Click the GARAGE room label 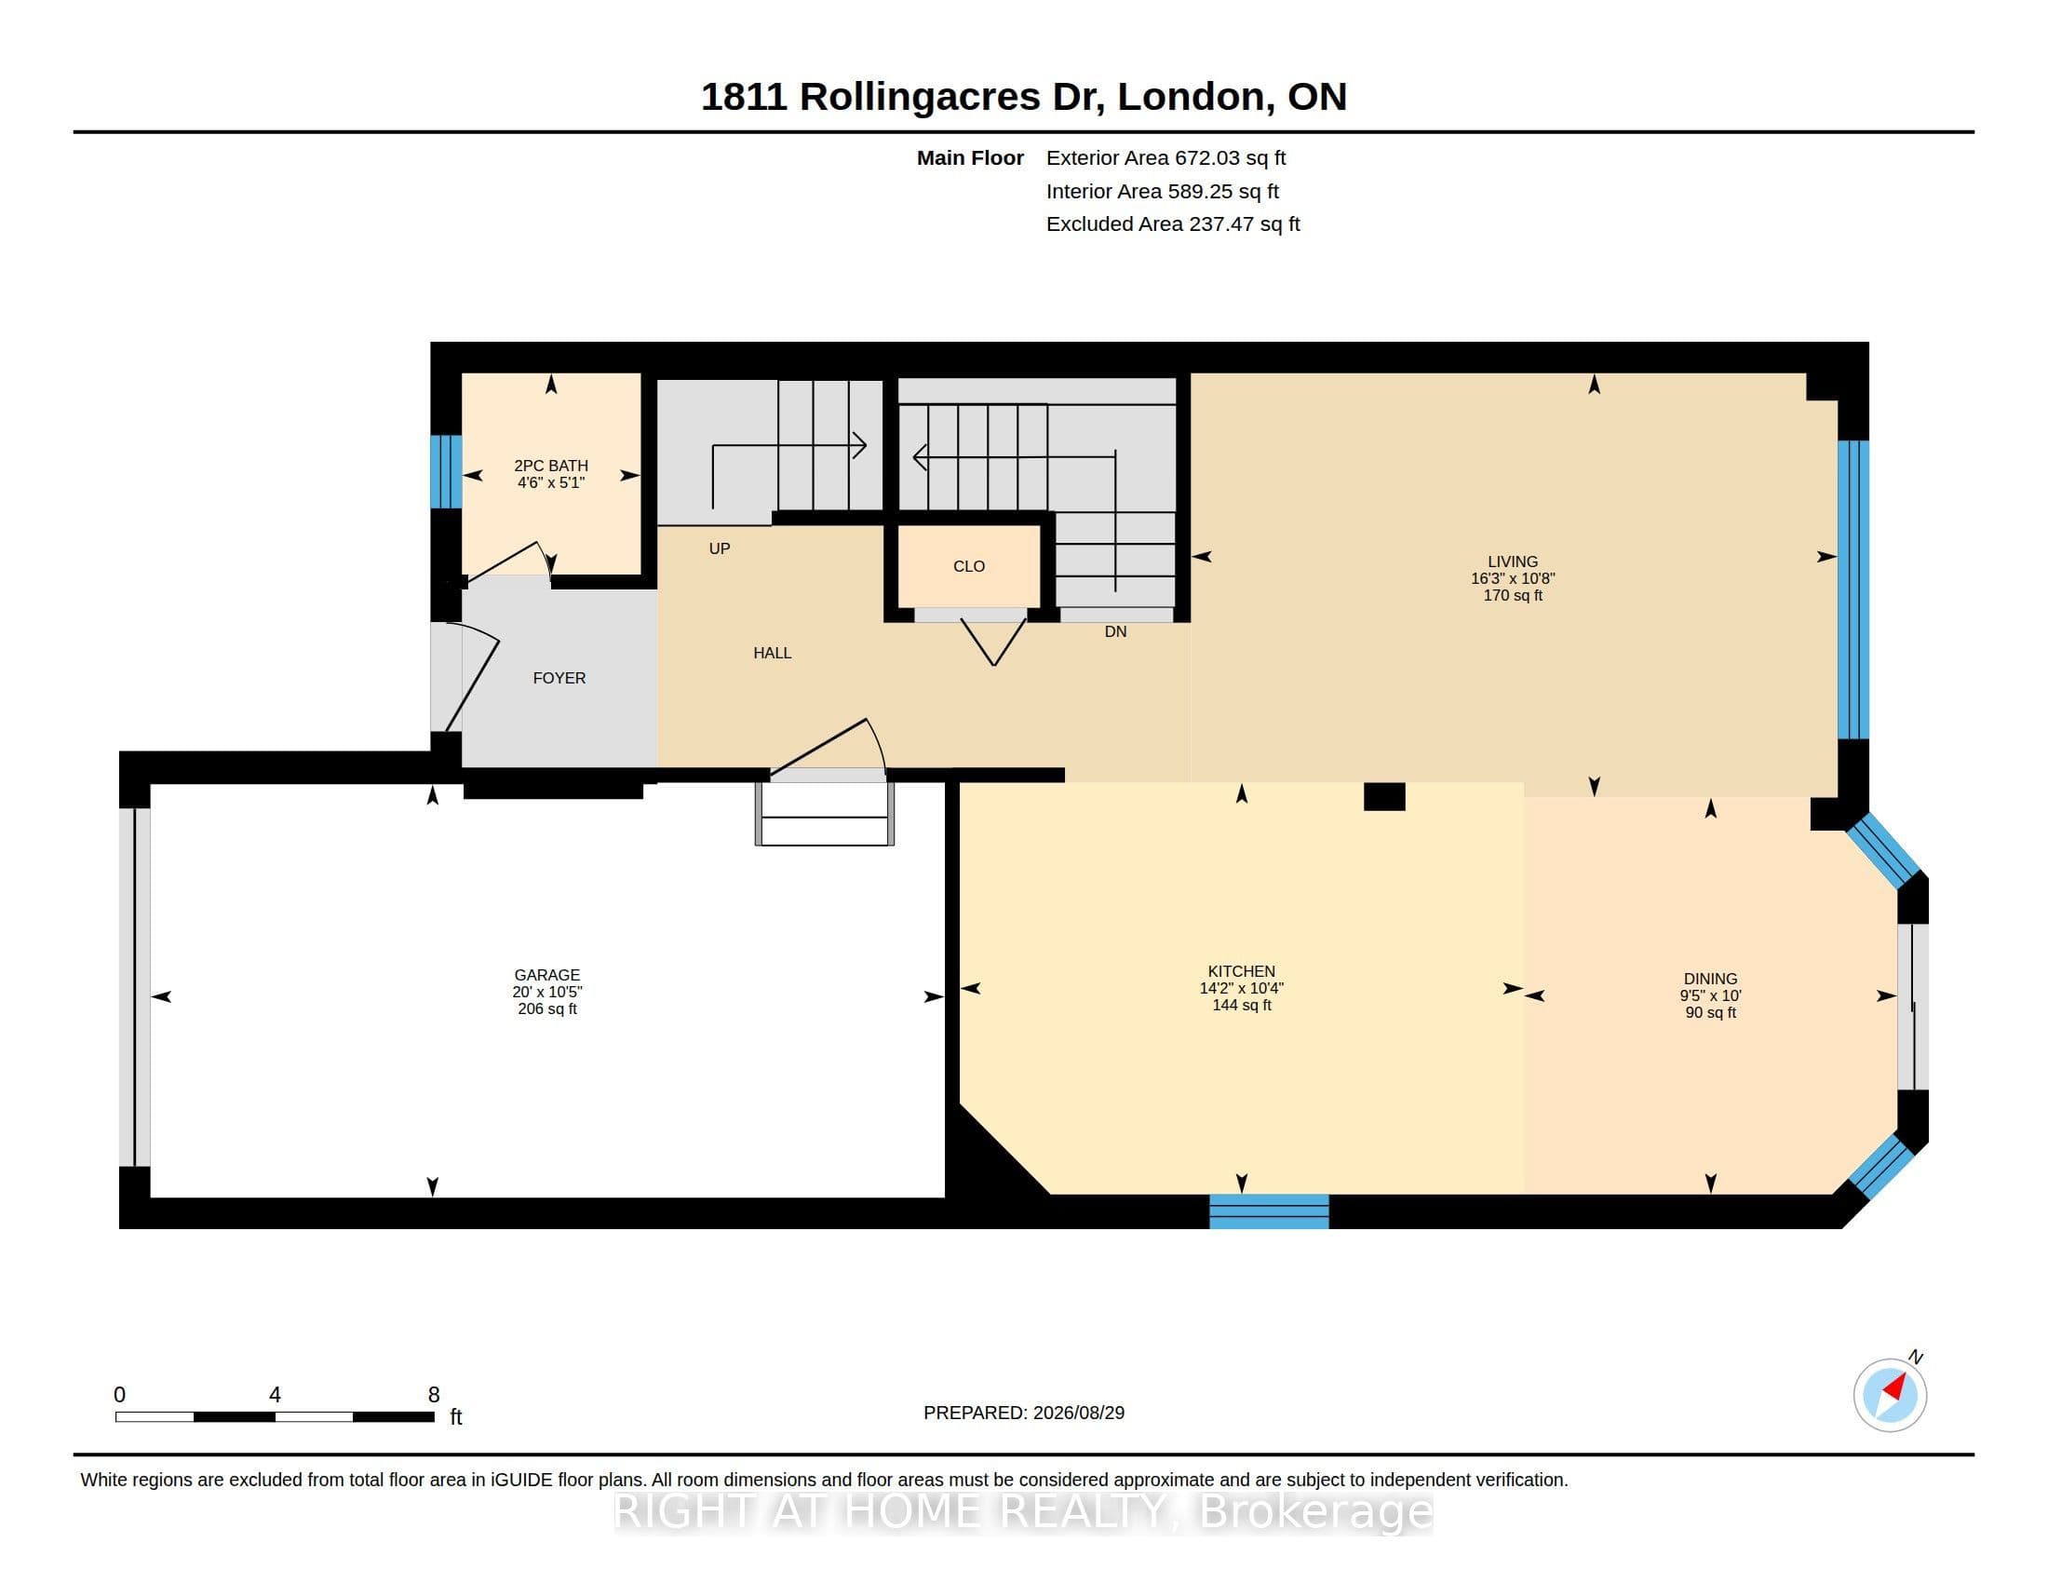(x=546, y=975)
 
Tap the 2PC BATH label (x=550, y=466)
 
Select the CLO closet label (x=969, y=566)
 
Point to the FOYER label (x=559, y=678)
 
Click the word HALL (x=772, y=653)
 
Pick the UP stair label (x=720, y=548)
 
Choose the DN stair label (x=1115, y=632)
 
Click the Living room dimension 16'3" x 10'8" (x=1513, y=578)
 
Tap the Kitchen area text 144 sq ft (x=1242, y=1006)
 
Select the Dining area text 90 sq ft (x=1710, y=1013)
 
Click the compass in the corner (x=1890, y=1395)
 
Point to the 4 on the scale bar (x=275, y=1395)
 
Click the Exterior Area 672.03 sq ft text (x=1165, y=158)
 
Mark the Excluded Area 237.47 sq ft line (x=1173, y=224)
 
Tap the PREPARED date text (x=1024, y=1413)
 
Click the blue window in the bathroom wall (x=445, y=472)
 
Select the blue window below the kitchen (x=1269, y=1211)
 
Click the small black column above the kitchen (x=1384, y=796)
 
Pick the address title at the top (x=1023, y=97)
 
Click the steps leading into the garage (x=824, y=813)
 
